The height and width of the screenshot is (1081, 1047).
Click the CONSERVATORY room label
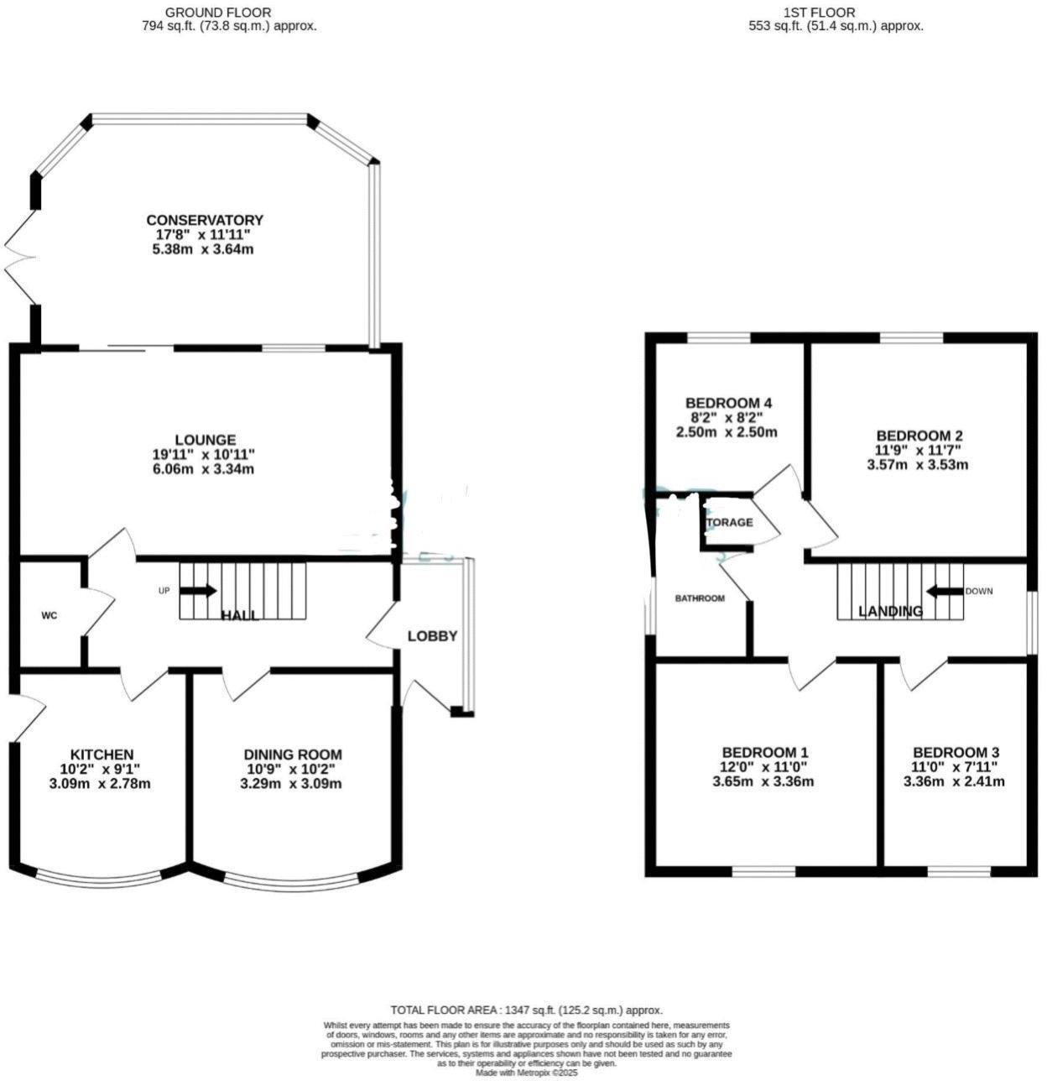click(x=205, y=221)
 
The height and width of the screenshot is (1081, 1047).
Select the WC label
click(x=49, y=616)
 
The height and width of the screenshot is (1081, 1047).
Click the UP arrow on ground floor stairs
click(x=198, y=590)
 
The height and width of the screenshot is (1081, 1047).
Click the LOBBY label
click(x=432, y=636)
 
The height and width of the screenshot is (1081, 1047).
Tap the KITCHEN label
click(x=102, y=755)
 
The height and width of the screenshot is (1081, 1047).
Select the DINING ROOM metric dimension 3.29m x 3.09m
click(x=292, y=784)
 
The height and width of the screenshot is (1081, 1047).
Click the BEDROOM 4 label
click(x=728, y=403)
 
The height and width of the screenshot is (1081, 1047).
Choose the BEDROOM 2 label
click(x=919, y=436)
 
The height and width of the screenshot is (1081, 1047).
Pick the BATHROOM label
click(x=701, y=598)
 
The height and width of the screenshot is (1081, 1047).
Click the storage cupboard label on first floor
click(x=728, y=522)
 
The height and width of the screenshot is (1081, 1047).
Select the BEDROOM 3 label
click(x=956, y=752)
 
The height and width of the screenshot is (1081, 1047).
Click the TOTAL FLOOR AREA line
click(x=526, y=1010)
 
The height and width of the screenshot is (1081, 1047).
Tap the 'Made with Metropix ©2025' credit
click(x=526, y=1073)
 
